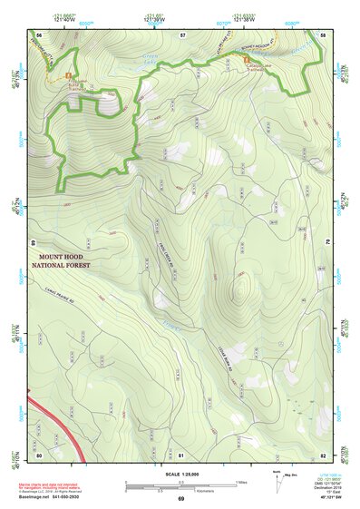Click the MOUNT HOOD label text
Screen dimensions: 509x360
point(61,257)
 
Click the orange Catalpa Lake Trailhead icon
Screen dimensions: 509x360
point(245,61)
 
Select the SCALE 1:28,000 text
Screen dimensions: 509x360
point(180,473)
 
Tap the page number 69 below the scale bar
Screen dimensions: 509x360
point(180,498)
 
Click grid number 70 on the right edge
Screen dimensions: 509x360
point(327,243)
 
